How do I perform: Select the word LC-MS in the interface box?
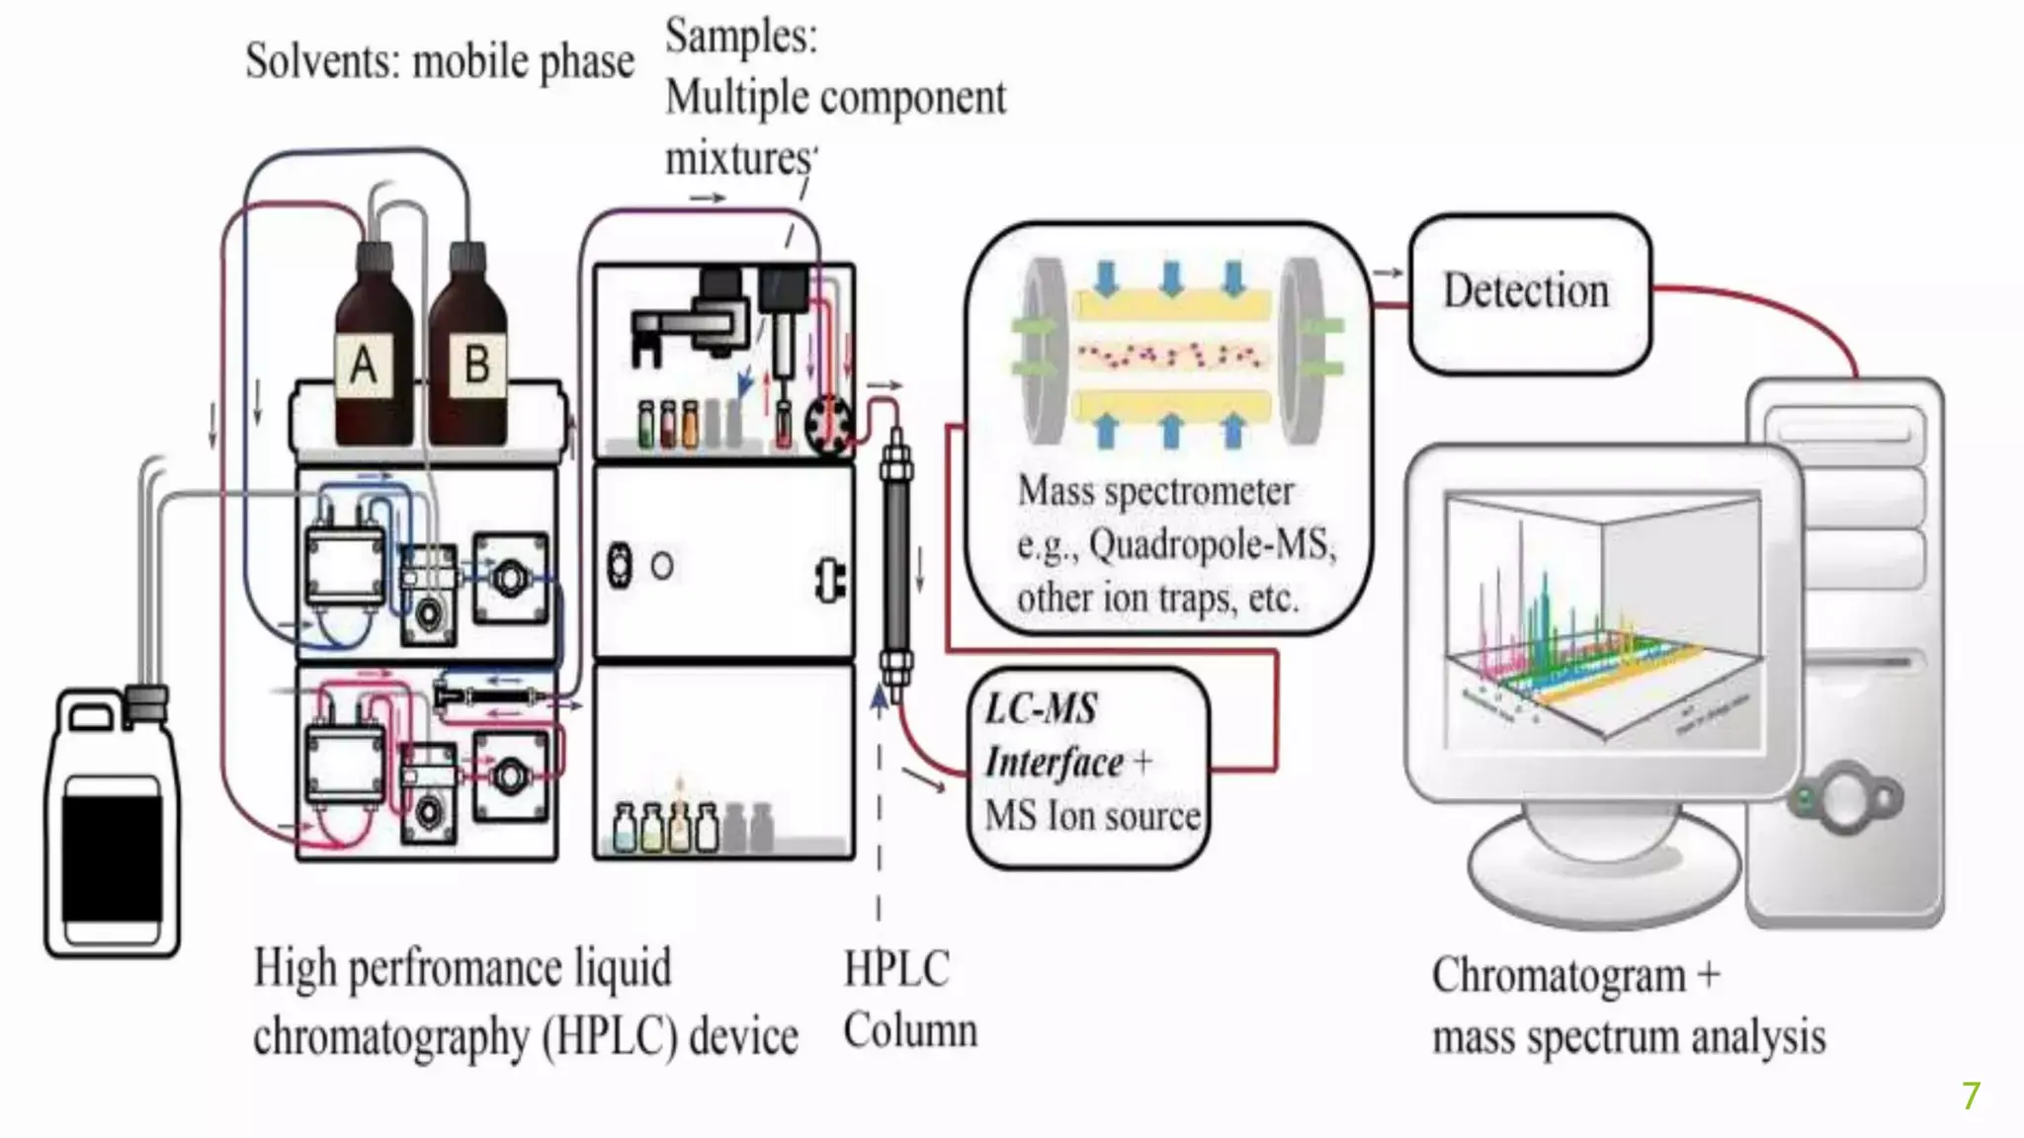[x=1042, y=709]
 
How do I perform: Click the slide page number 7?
[x=1971, y=1096]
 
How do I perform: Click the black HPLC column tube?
[x=896, y=563]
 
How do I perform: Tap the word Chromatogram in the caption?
[x=1559, y=976]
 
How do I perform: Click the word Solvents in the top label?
[x=321, y=61]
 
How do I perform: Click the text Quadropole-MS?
[x=1212, y=544]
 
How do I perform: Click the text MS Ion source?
[x=1092, y=817]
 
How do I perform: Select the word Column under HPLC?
[x=910, y=1031]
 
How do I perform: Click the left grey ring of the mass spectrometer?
[x=1039, y=351]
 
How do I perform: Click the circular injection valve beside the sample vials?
[x=827, y=425]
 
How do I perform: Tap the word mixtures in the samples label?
[x=739, y=158]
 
